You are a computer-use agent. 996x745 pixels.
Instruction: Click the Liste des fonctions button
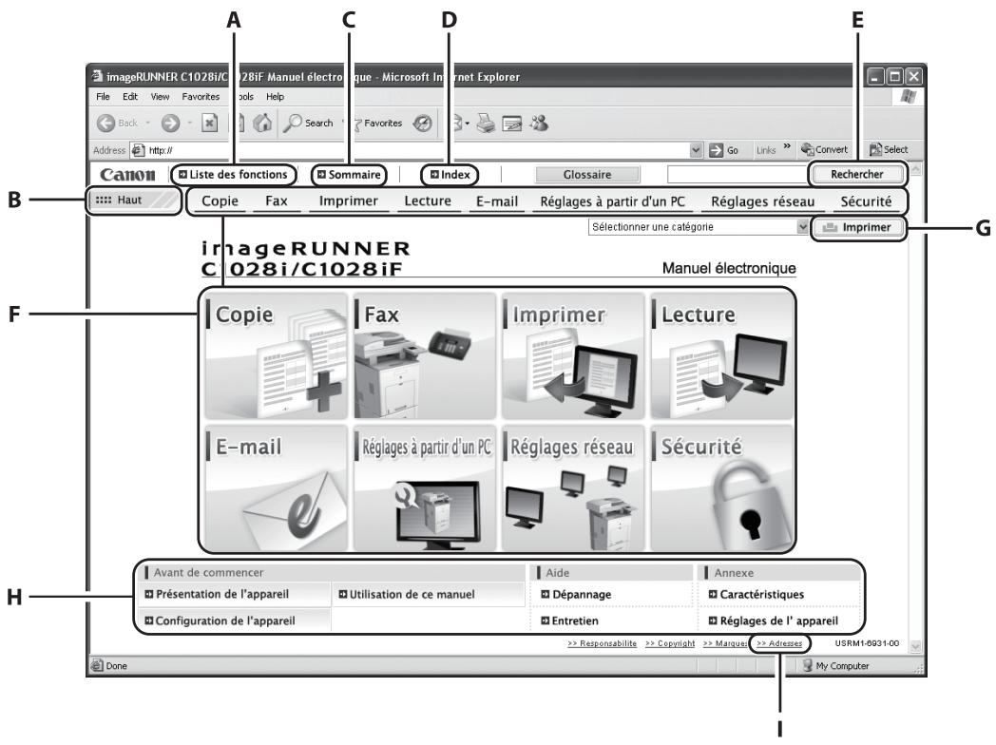coord(233,174)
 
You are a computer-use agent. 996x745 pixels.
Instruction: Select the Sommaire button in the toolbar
coord(352,174)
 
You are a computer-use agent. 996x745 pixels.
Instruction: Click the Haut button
coord(132,201)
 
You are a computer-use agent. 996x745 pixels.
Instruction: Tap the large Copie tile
coord(275,354)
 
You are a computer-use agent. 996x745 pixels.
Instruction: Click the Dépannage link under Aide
coord(575,595)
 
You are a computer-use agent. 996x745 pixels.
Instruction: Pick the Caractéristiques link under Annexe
coord(757,595)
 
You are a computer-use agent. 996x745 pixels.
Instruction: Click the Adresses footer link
coord(779,643)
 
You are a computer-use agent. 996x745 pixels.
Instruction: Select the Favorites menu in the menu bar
coord(201,96)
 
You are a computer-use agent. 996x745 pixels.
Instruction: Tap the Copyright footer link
coord(671,643)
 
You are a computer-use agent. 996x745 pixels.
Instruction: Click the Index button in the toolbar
coord(450,174)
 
